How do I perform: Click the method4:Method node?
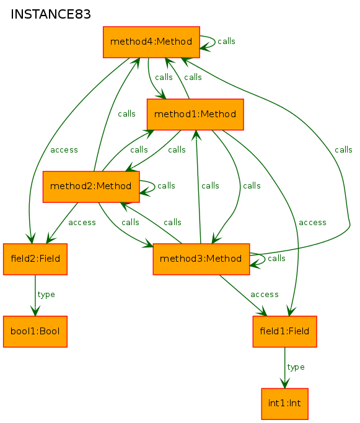tap(151, 42)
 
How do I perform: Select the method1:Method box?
tap(195, 114)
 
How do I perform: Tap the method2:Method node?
tap(91, 187)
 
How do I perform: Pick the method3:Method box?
tap(201, 259)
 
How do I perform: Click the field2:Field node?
tap(35, 259)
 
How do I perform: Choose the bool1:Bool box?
tap(35, 332)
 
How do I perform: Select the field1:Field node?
tap(285, 332)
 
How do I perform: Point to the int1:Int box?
tap(285, 404)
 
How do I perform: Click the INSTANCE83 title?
tap(51, 14)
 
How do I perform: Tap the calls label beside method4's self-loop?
tap(226, 42)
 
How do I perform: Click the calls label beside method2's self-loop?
tap(166, 186)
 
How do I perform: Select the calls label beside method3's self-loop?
tap(276, 259)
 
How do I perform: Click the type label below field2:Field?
tap(46, 295)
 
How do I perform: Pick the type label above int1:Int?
tap(296, 367)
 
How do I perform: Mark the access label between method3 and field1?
tap(265, 295)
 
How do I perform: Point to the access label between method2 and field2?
tap(82, 223)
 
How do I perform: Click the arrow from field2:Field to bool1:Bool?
tap(35, 295)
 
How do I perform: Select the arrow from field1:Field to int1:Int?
tap(285, 368)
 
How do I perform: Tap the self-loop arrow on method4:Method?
tap(215, 42)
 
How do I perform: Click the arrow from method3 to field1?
tap(242, 295)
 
